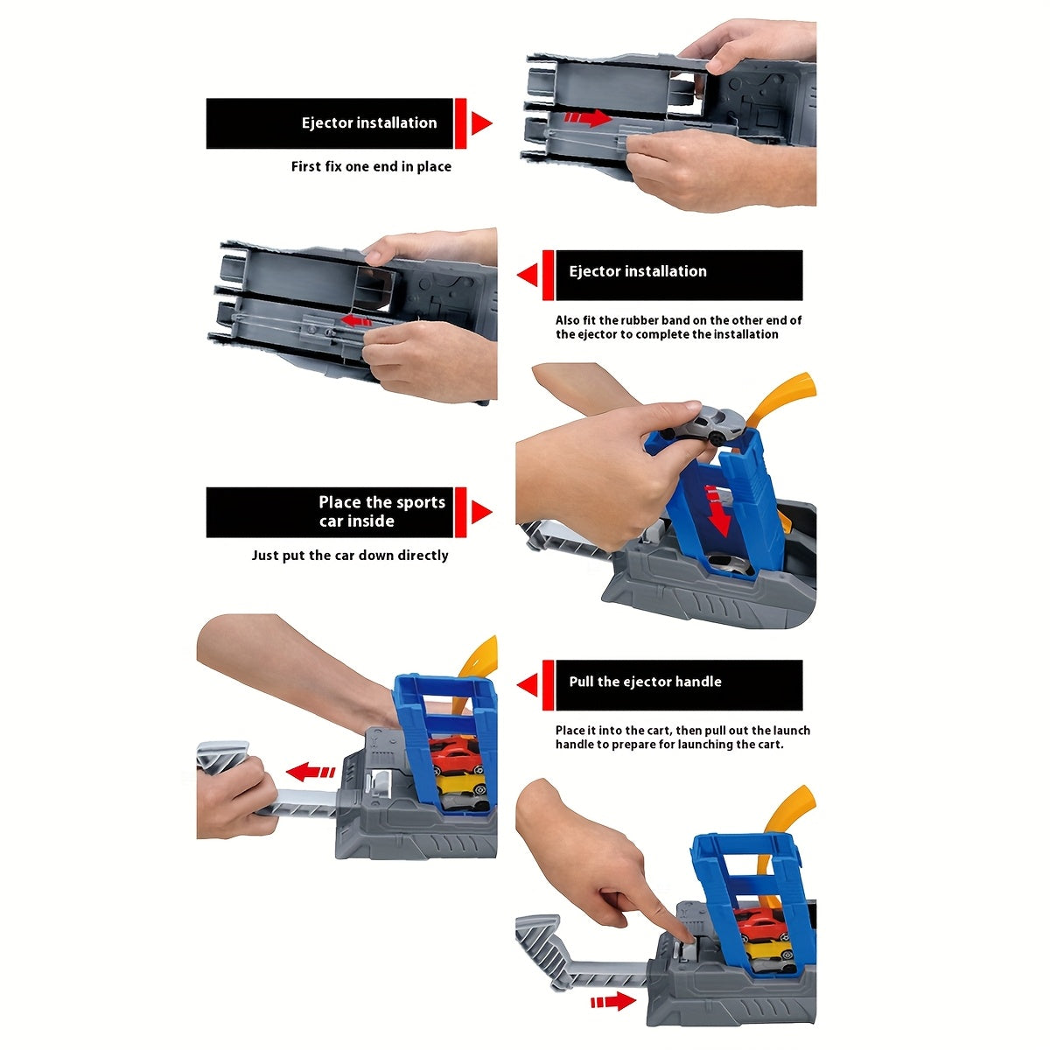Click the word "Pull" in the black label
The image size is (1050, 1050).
[x=581, y=681]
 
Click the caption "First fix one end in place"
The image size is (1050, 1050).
[x=371, y=166]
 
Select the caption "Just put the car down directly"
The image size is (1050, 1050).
[x=350, y=556]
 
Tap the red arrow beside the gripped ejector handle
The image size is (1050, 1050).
[x=310, y=772]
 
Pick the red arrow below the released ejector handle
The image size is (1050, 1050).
[x=613, y=1001]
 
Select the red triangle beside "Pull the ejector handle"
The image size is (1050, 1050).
[x=528, y=685]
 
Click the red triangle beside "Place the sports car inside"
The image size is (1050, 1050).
[x=481, y=512]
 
